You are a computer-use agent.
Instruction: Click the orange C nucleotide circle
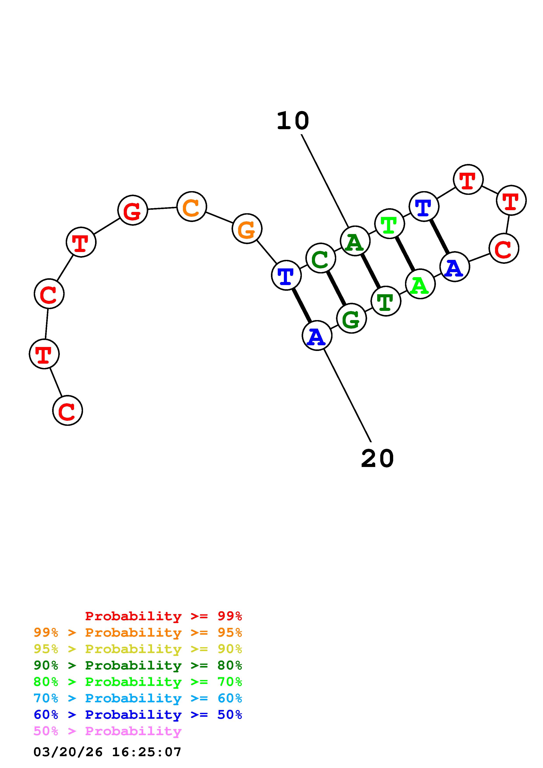pyautogui.click(x=191, y=207)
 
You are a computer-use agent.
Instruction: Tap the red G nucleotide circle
pyautogui.click(x=133, y=210)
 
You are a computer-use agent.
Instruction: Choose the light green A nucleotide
pyautogui.click(x=420, y=284)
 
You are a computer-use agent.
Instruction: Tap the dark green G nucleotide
pyautogui.click(x=351, y=319)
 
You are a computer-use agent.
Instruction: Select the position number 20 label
pyautogui.click(x=377, y=459)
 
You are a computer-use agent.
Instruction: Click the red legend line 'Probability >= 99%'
pyautogui.click(x=164, y=616)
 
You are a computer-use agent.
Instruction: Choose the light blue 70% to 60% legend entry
pyautogui.click(x=138, y=698)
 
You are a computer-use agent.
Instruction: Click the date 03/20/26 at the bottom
pyautogui.click(x=68, y=752)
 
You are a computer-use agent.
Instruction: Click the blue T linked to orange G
pyautogui.click(x=286, y=275)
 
